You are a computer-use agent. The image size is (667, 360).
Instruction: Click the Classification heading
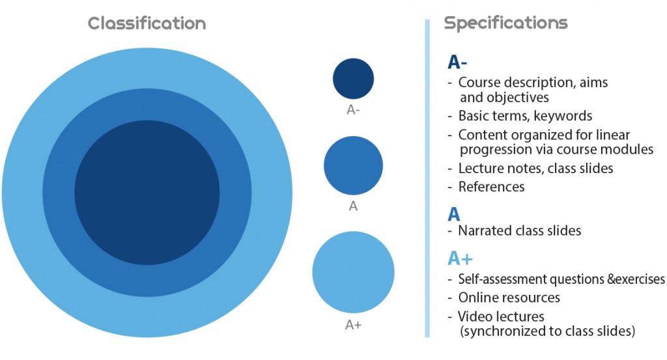[147, 23]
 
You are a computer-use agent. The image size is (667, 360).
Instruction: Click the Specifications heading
[505, 23]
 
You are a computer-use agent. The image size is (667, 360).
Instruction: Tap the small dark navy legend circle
[353, 79]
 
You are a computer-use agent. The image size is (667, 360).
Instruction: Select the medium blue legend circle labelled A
[353, 165]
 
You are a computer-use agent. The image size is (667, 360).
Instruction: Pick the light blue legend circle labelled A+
[353, 272]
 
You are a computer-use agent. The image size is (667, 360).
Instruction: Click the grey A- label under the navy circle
[353, 110]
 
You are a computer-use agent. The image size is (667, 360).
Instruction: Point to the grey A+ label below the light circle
[353, 325]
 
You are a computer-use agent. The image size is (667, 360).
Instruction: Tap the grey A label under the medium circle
[353, 206]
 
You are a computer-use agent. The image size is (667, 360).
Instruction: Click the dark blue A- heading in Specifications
[457, 62]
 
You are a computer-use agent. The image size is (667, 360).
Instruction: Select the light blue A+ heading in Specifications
[461, 258]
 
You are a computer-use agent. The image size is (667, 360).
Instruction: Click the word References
[491, 187]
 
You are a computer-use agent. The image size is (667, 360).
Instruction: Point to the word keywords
[563, 116]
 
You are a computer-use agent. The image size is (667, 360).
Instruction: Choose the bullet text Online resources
[509, 298]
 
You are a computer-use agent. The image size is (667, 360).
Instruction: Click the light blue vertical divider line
[427, 178]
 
